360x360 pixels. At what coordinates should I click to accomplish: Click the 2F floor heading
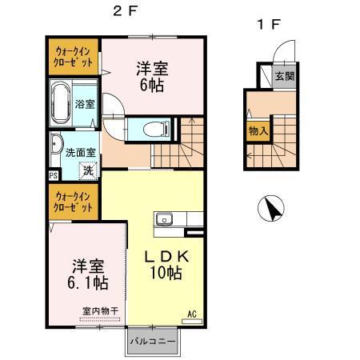(125, 11)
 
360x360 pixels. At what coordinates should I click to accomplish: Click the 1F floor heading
(269, 25)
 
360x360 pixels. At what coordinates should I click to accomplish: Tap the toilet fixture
(156, 130)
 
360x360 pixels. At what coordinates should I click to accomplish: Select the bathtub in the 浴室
(61, 103)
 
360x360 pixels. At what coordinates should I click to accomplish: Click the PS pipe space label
(54, 176)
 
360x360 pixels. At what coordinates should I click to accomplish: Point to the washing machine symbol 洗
(89, 170)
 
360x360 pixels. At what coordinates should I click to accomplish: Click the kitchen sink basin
(164, 220)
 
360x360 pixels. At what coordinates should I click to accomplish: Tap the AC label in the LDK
(192, 314)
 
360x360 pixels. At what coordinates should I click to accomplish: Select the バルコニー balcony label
(153, 342)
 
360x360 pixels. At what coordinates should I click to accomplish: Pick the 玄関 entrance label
(285, 77)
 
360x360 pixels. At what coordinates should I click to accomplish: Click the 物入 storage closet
(258, 131)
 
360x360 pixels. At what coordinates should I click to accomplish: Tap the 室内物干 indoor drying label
(100, 311)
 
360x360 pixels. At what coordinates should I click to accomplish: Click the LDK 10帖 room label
(166, 265)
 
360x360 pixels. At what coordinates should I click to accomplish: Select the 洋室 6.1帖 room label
(88, 274)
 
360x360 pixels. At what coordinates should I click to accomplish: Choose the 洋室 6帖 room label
(152, 77)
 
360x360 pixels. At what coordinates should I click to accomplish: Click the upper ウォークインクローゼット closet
(74, 57)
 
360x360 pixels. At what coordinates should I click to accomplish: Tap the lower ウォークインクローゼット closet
(74, 202)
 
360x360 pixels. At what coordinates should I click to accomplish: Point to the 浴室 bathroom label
(85, 104)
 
